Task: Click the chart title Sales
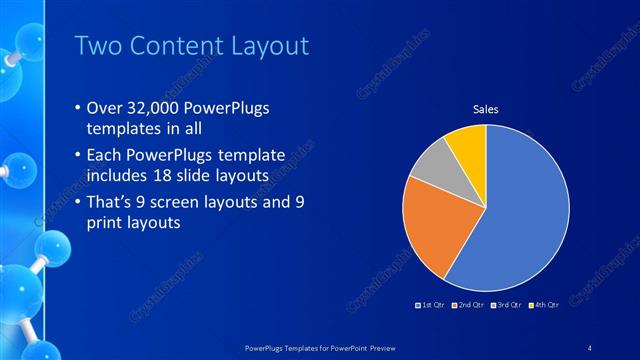(x=485, y=109)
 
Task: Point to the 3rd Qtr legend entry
(x=506, y=303)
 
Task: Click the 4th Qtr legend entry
(x=543, y=303)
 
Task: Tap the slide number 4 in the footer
(x=590, y=347)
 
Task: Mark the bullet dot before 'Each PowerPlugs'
(x=80, y=156)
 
